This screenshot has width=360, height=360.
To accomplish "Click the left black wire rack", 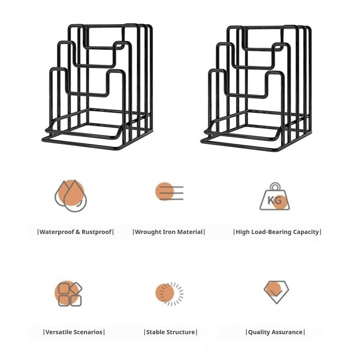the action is coord(97,87).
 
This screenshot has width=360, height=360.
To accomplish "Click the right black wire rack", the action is coord(256,88).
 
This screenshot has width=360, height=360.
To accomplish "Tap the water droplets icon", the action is coord(71,195).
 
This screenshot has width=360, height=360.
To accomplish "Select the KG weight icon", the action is coord(275,196).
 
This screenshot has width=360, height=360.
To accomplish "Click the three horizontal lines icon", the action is coord(169,191).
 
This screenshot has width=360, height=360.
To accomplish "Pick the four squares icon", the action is coord(68,294).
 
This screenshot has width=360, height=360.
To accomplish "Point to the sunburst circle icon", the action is coord(169,294).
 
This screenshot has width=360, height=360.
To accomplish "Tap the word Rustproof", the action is coord(97,232).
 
